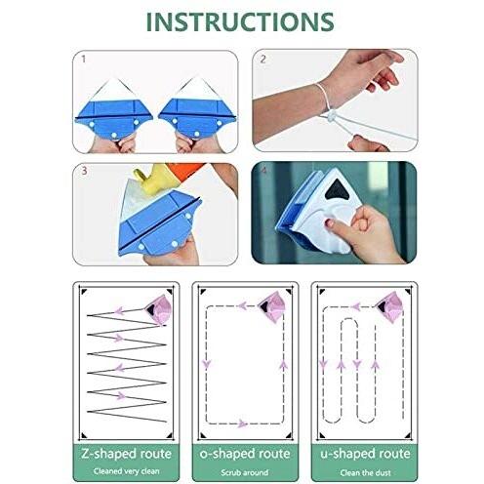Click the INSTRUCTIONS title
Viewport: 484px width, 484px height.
pyautogui.click(x=242, y=21)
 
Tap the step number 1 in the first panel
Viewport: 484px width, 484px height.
pyautogui.click(x=83, y=59)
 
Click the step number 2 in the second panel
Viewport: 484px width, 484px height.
pyautogui.click(x=262, y=59)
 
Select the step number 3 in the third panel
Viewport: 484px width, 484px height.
pyautogui.click(x=83, y=170)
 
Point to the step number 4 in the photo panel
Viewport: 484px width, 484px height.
pyautogui.click(x=262, y=170)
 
